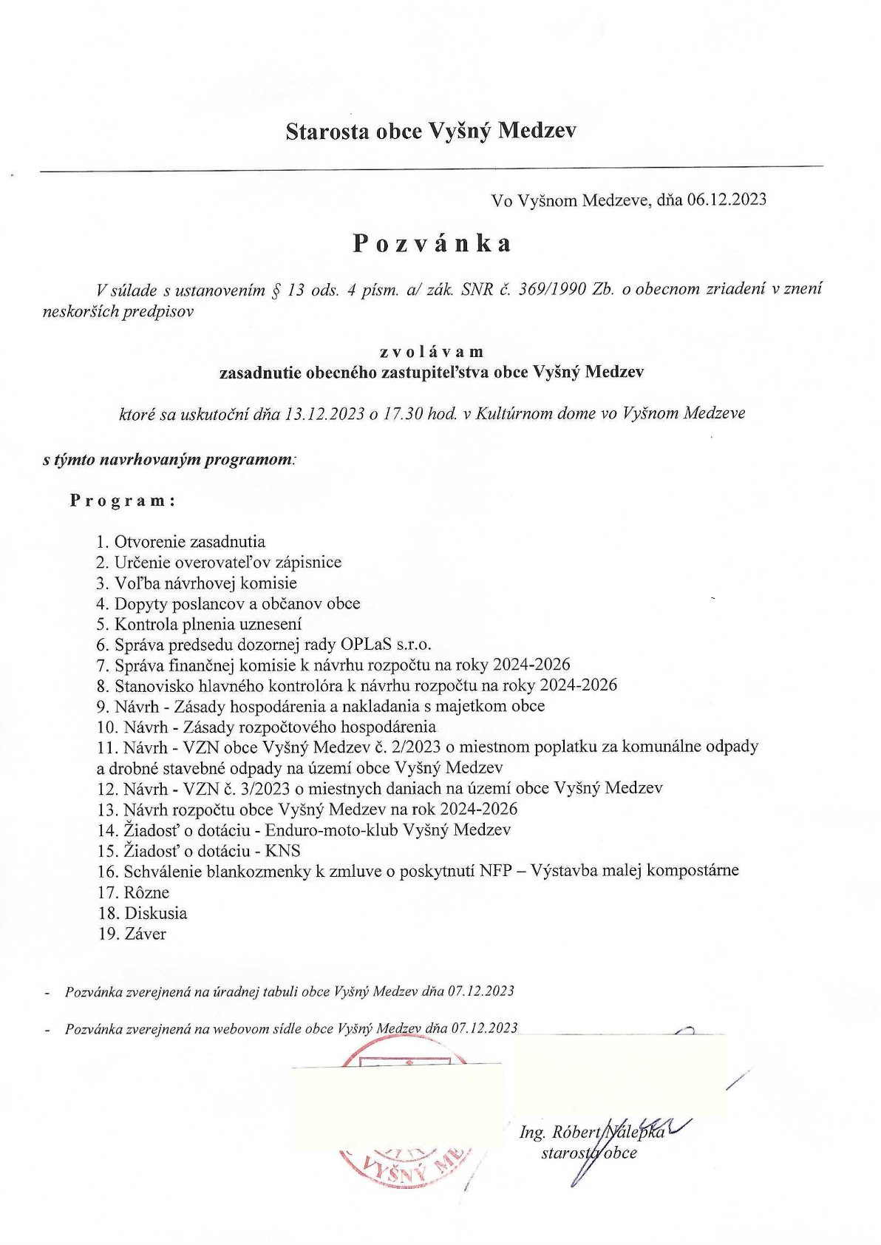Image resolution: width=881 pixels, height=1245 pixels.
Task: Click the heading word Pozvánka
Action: click(432, 243)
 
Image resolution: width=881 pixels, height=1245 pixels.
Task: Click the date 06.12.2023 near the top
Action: click(727, 200)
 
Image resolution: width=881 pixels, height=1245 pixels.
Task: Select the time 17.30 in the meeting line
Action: click(403, 413)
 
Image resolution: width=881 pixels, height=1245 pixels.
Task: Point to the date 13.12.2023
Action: click(324, 413)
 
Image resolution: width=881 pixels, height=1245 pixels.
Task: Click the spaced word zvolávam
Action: click(432, 352)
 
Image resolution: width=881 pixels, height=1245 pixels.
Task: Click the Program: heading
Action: click(123, 501)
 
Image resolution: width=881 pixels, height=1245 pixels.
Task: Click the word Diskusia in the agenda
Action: click(155, 913)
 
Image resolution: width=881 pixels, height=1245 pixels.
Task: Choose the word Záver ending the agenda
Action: click(146, 934)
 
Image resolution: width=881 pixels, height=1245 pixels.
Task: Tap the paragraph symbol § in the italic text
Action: click(277, 290)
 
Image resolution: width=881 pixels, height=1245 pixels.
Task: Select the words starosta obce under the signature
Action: click(589, 1153)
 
